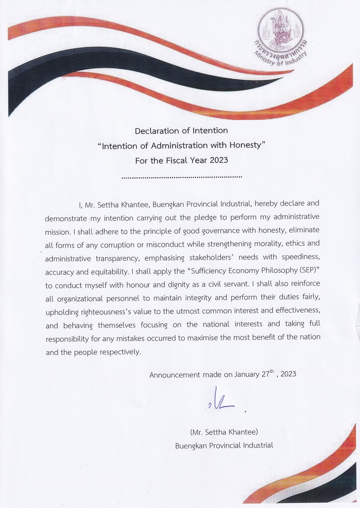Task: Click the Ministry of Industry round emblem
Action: (281, 30)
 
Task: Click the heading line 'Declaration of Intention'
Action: (181, 131)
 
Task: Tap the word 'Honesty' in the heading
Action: (245, 145)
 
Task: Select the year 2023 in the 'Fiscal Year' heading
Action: (219, 160)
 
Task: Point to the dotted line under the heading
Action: (182, 176)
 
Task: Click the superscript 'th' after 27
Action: (272, 372)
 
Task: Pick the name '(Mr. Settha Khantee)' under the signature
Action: (224, 432)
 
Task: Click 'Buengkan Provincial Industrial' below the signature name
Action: (224, 445)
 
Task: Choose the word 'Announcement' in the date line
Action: (175, 375)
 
